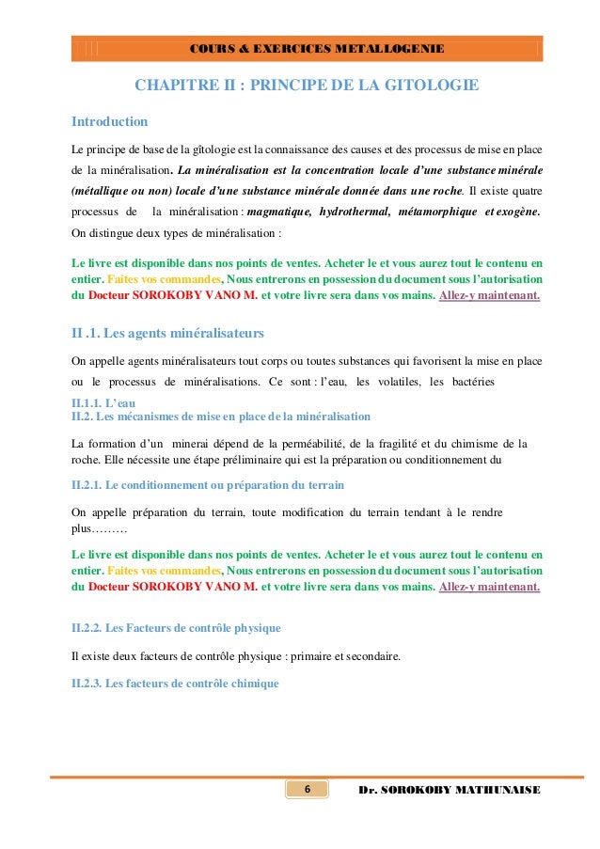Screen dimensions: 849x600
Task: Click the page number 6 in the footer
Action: (308, 789)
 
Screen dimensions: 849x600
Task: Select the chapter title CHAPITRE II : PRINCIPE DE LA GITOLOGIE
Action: (307, 86)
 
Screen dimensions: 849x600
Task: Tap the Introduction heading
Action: (110, 122)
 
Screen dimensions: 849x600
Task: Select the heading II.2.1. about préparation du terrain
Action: (208, 485)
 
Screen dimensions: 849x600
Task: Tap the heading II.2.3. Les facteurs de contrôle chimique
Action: (175, 684)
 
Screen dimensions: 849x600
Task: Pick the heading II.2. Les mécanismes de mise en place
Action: (221, 416)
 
